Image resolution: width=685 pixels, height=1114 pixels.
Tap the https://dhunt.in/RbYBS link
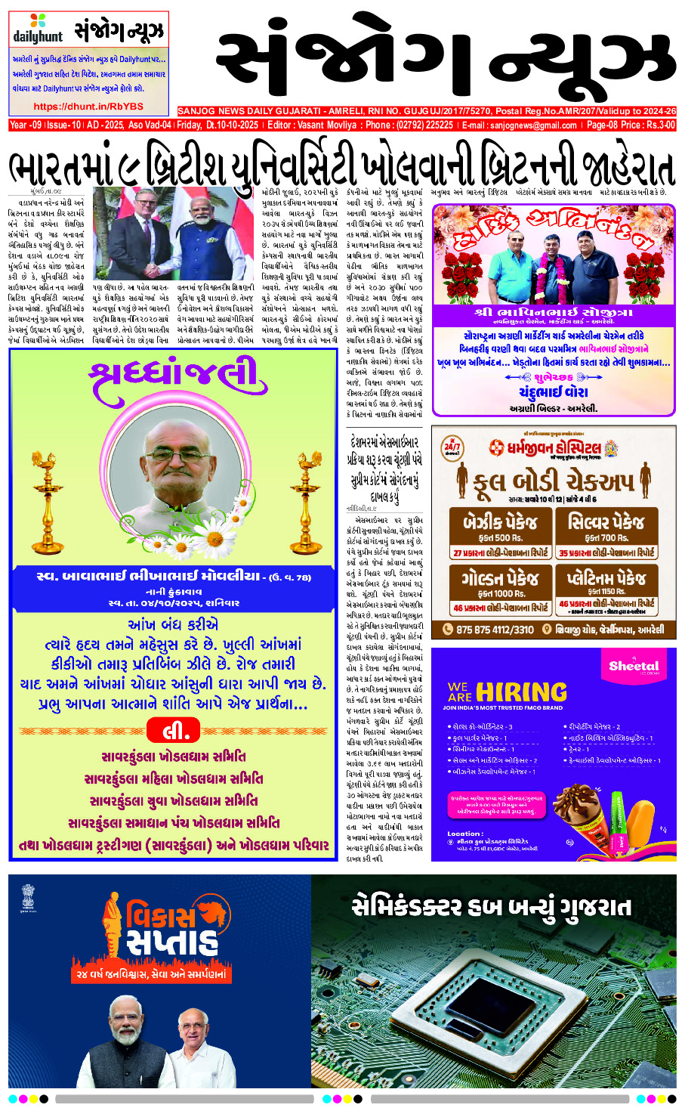[88, 107]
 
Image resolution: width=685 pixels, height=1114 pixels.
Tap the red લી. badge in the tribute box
[171, 731]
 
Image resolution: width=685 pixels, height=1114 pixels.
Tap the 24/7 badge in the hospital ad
[452, 447]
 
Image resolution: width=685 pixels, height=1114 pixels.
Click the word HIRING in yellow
[521, 692]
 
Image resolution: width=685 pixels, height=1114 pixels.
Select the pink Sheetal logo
[634, 667]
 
